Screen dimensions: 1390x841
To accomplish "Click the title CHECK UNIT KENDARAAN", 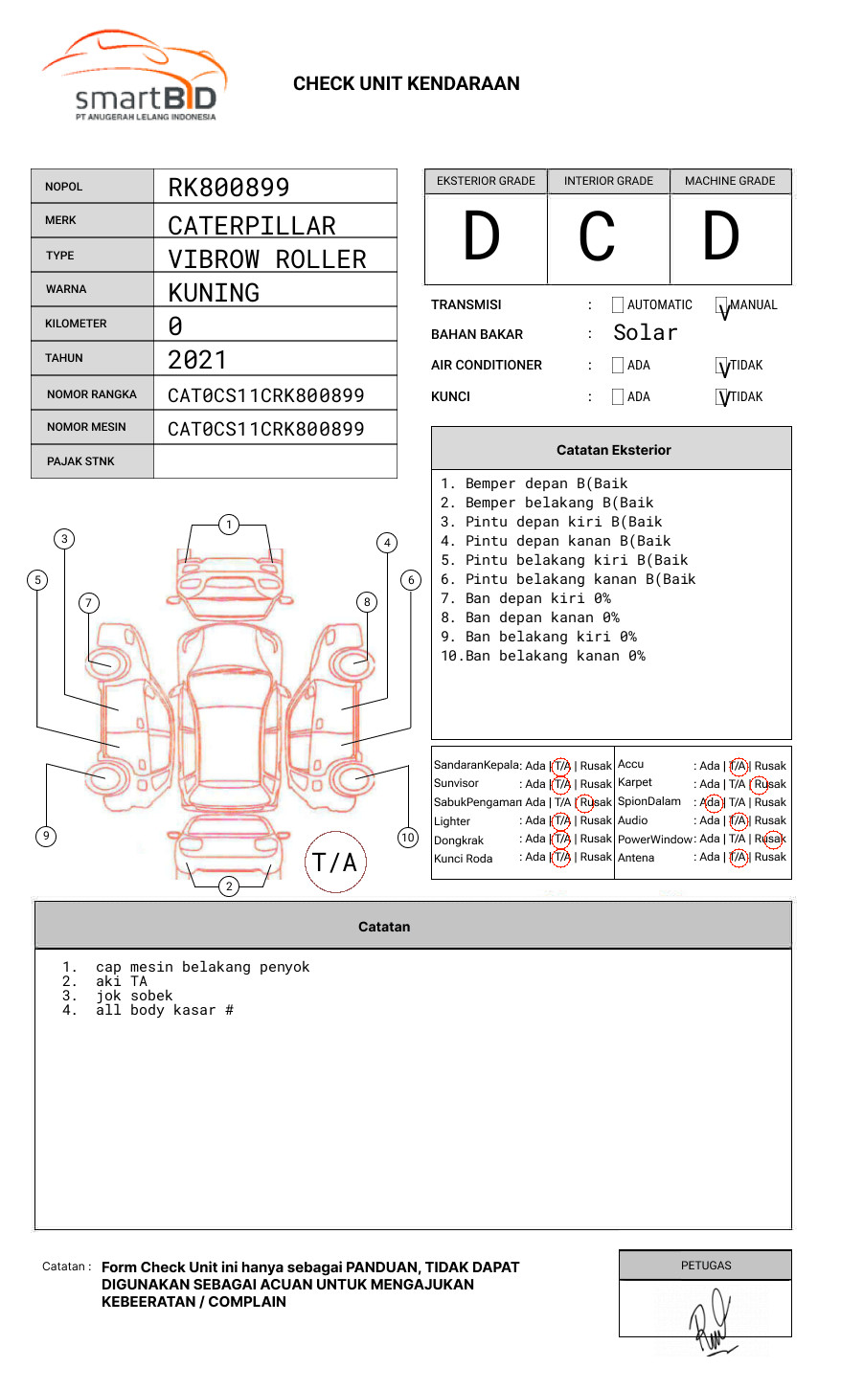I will click(x=406, y=84).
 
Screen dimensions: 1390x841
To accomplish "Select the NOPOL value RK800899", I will click(x=229, y=188).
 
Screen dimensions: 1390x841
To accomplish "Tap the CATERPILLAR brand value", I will click(x=252, y=226).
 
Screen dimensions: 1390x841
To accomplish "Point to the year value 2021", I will click(x=197, y=360).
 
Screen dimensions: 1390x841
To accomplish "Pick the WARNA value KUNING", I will click(x=214, y=293).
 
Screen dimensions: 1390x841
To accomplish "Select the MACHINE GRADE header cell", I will click(x=730, y=181).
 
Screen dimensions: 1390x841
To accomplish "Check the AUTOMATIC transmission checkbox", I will click(x=618, y=305).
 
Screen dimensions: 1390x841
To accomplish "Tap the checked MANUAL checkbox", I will click(x=722, y=306).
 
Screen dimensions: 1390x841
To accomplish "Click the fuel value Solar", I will click(x=645, y=333).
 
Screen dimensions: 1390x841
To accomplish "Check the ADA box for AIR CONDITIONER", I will click(x=618, y=366).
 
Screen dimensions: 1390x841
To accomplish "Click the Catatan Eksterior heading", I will click(x=613, y=450).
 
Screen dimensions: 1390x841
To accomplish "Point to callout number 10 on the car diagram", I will click(x=408, y=838).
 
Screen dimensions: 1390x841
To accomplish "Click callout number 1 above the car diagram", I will click(x=228, y=524).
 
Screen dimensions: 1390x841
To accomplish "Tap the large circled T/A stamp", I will click(x=335, y=862).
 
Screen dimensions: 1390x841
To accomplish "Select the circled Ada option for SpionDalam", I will click(x=711, y=803).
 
